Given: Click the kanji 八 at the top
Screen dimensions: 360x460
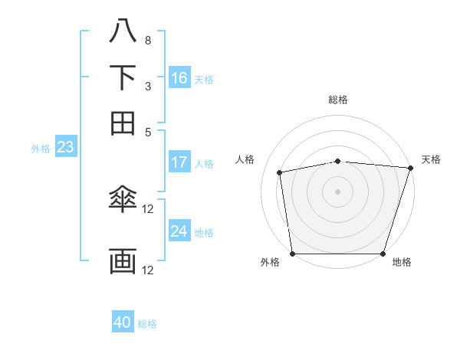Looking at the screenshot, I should [x=123, y=31].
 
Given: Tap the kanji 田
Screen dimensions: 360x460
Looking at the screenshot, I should [x=123, y=123].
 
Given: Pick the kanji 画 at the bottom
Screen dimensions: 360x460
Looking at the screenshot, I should [x=123, y=260].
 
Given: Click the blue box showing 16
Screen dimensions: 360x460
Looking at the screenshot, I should [x=179, y=78].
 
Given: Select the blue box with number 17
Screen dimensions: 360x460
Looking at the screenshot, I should [x=179, y=162].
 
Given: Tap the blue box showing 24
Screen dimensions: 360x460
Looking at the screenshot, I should [x=179, y=231].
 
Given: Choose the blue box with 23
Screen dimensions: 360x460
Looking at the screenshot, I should [x=65, y=147].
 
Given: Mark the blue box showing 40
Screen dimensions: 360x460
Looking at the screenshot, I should [x=123, y=322].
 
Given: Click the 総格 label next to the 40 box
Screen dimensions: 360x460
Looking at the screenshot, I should [x=147, y=324].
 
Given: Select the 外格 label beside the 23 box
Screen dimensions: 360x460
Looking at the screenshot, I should [x=41, y=149].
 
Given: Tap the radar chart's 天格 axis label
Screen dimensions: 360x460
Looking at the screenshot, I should [x=431, y=159].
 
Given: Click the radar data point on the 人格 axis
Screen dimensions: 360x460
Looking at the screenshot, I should [x=281, y=172].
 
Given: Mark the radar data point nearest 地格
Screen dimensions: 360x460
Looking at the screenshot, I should [x=383, y=254].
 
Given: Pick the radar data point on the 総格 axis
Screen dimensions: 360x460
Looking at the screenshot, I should [x=338, y=161].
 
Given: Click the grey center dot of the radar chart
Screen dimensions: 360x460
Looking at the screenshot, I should [x=338, y=191].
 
